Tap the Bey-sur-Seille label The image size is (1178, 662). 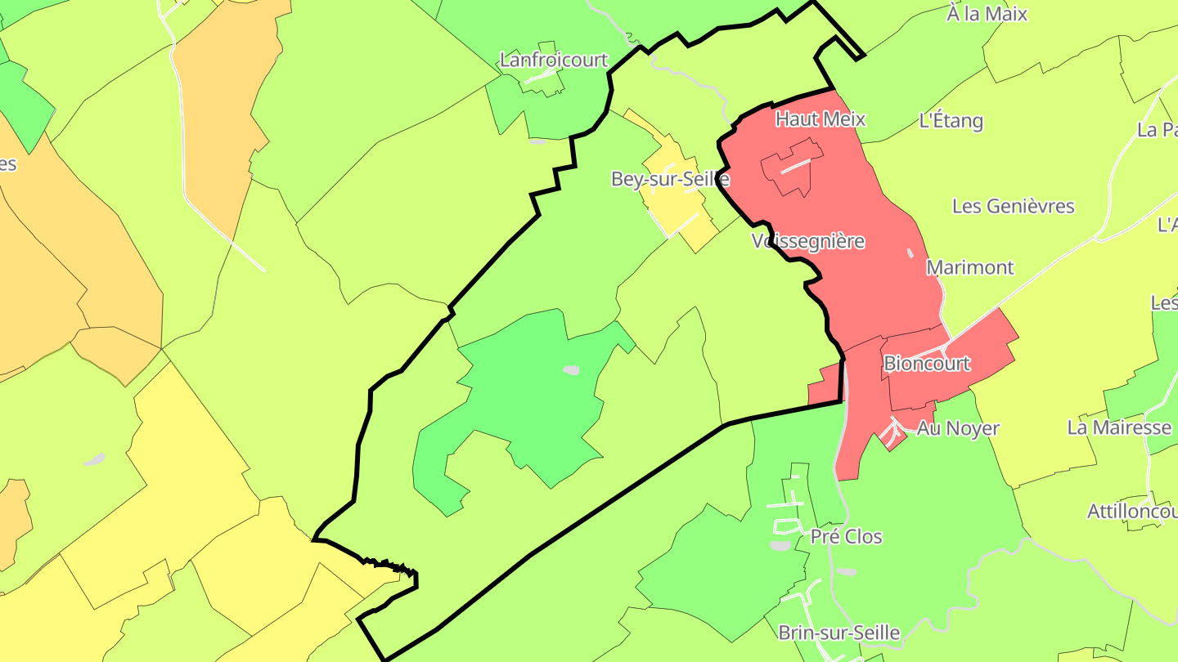click(670, 179)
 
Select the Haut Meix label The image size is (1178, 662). click(820, 119)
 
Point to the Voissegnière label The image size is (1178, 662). click(807, 241)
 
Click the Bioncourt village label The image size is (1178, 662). click(927, 363)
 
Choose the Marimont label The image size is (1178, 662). click(969, 267)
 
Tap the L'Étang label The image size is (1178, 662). click(951, 121)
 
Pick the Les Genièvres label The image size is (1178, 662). click(1013, 206)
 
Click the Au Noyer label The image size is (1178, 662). click(958, 428)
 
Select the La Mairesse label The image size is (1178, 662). click(1119, 427)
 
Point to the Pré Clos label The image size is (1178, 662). click(846, 537)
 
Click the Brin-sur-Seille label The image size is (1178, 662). click(839, 633)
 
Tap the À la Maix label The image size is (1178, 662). click(987, 14)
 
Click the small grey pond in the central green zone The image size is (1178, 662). click(571, 370)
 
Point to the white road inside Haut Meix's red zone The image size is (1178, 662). click(794, 167)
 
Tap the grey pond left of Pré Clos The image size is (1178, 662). click(780, 545)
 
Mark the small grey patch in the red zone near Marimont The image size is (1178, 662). click(910, 253)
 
